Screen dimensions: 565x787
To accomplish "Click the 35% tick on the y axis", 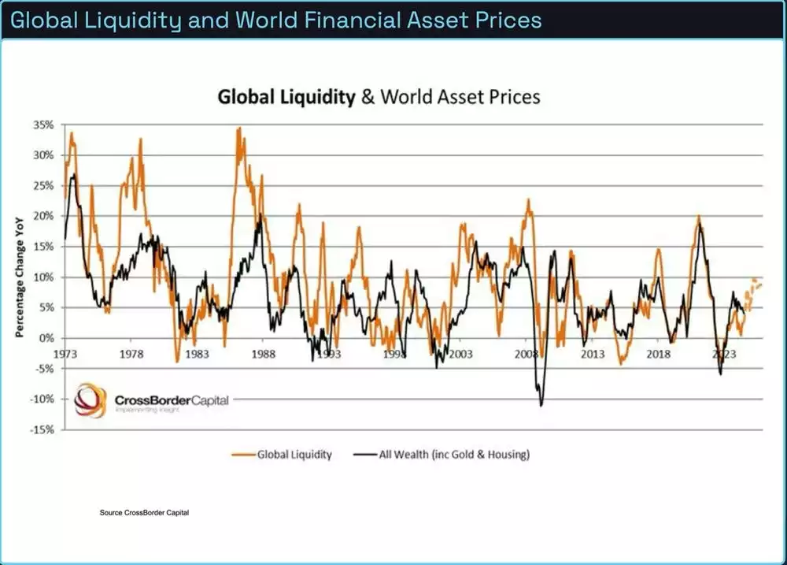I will [x=42, y=125].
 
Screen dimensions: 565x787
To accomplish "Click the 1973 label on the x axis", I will [x=65, y=355].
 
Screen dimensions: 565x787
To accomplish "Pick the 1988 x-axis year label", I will [x=264, y=355].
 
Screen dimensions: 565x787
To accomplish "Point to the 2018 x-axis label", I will [x=658, y=355].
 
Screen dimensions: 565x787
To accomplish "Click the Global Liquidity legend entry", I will [x=283, y=455].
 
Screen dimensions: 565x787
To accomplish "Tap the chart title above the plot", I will [x=379, y=97].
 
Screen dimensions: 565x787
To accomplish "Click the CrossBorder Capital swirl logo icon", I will [x=90, y=400].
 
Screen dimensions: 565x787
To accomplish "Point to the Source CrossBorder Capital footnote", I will [x=144, y=513].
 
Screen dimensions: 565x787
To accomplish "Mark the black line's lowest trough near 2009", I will [x=541, y=405].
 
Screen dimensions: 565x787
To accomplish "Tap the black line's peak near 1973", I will [x=73, y=174].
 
